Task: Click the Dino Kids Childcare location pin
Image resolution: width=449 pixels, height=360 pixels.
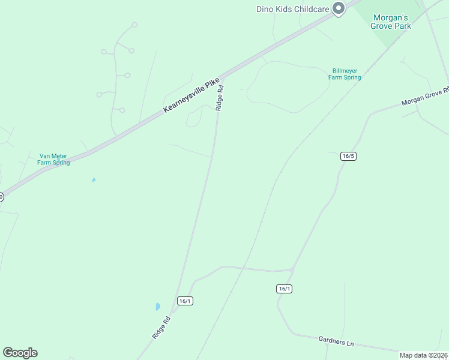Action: coord(339,8)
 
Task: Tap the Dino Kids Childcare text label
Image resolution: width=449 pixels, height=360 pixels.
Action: coord(294,8)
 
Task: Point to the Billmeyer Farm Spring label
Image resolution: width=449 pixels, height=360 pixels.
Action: coord(345,74)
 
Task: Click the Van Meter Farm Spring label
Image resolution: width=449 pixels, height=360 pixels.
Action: coord(53,159)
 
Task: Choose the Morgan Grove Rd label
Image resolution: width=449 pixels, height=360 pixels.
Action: coord(425,96)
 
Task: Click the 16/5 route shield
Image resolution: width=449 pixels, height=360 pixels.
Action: coord(348,156)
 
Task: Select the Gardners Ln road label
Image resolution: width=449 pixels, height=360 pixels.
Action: coord(336,342)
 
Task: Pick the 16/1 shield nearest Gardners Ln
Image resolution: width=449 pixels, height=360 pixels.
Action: coord(285,289)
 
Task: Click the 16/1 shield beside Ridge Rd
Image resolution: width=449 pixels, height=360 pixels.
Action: coord(185,301)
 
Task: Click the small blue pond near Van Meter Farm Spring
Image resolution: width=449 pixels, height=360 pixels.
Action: coord(93,180)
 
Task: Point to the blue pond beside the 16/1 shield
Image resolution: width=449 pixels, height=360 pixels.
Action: coord(158,307)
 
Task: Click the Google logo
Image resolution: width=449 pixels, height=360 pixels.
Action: coord(20,353)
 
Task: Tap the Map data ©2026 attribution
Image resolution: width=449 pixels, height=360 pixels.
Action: coord(424,355)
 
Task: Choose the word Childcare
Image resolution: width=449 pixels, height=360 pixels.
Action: coord(313,8)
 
